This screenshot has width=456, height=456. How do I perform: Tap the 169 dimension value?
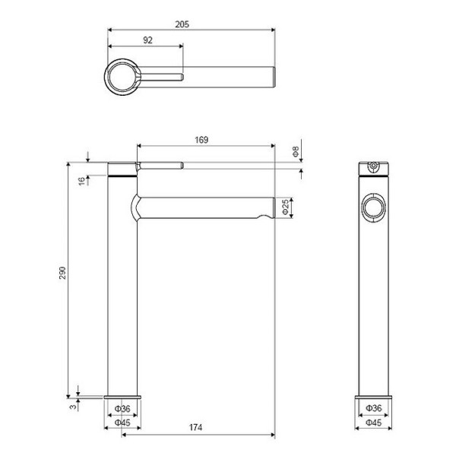point(201,139)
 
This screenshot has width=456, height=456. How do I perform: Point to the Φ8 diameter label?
point(296,151)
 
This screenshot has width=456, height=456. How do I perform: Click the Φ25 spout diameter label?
point(285,206)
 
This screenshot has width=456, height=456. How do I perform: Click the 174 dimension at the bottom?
point(195,429)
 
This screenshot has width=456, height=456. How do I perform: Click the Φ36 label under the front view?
point(372,409)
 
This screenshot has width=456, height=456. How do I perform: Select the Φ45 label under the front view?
point(372,422)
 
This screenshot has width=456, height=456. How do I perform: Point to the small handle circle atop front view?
point(372,166)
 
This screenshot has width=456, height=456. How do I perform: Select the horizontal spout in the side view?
point(205,207)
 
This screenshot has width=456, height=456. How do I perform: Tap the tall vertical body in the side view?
point(121,289)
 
